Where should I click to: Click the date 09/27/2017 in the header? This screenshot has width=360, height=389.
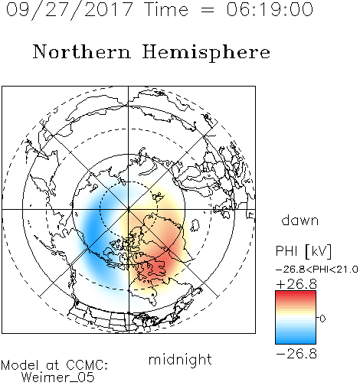[69, 9]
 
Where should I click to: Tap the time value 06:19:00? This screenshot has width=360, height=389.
[270, 9]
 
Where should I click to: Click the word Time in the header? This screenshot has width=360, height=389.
[166, 9]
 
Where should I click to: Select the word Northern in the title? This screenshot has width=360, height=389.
[82, 51]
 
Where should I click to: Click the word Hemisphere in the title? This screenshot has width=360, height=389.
[206, 52]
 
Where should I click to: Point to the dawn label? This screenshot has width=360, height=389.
[300, 220]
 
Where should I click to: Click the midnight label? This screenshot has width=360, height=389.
[180, 359]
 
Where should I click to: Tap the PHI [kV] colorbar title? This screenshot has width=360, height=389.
[303, 251]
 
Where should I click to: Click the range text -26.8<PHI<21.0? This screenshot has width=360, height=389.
[317, 270]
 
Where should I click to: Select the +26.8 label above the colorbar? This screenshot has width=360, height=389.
[296, 284]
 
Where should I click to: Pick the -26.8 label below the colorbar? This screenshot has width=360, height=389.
[296, 354]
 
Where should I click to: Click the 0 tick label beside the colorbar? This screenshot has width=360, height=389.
[322, 319]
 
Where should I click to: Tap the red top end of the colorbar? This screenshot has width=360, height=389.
[296, 293]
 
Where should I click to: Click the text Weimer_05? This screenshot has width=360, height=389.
[58, 378]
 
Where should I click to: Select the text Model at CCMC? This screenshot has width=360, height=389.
[54, 365]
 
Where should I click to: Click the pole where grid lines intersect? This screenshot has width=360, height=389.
[129, 209]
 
